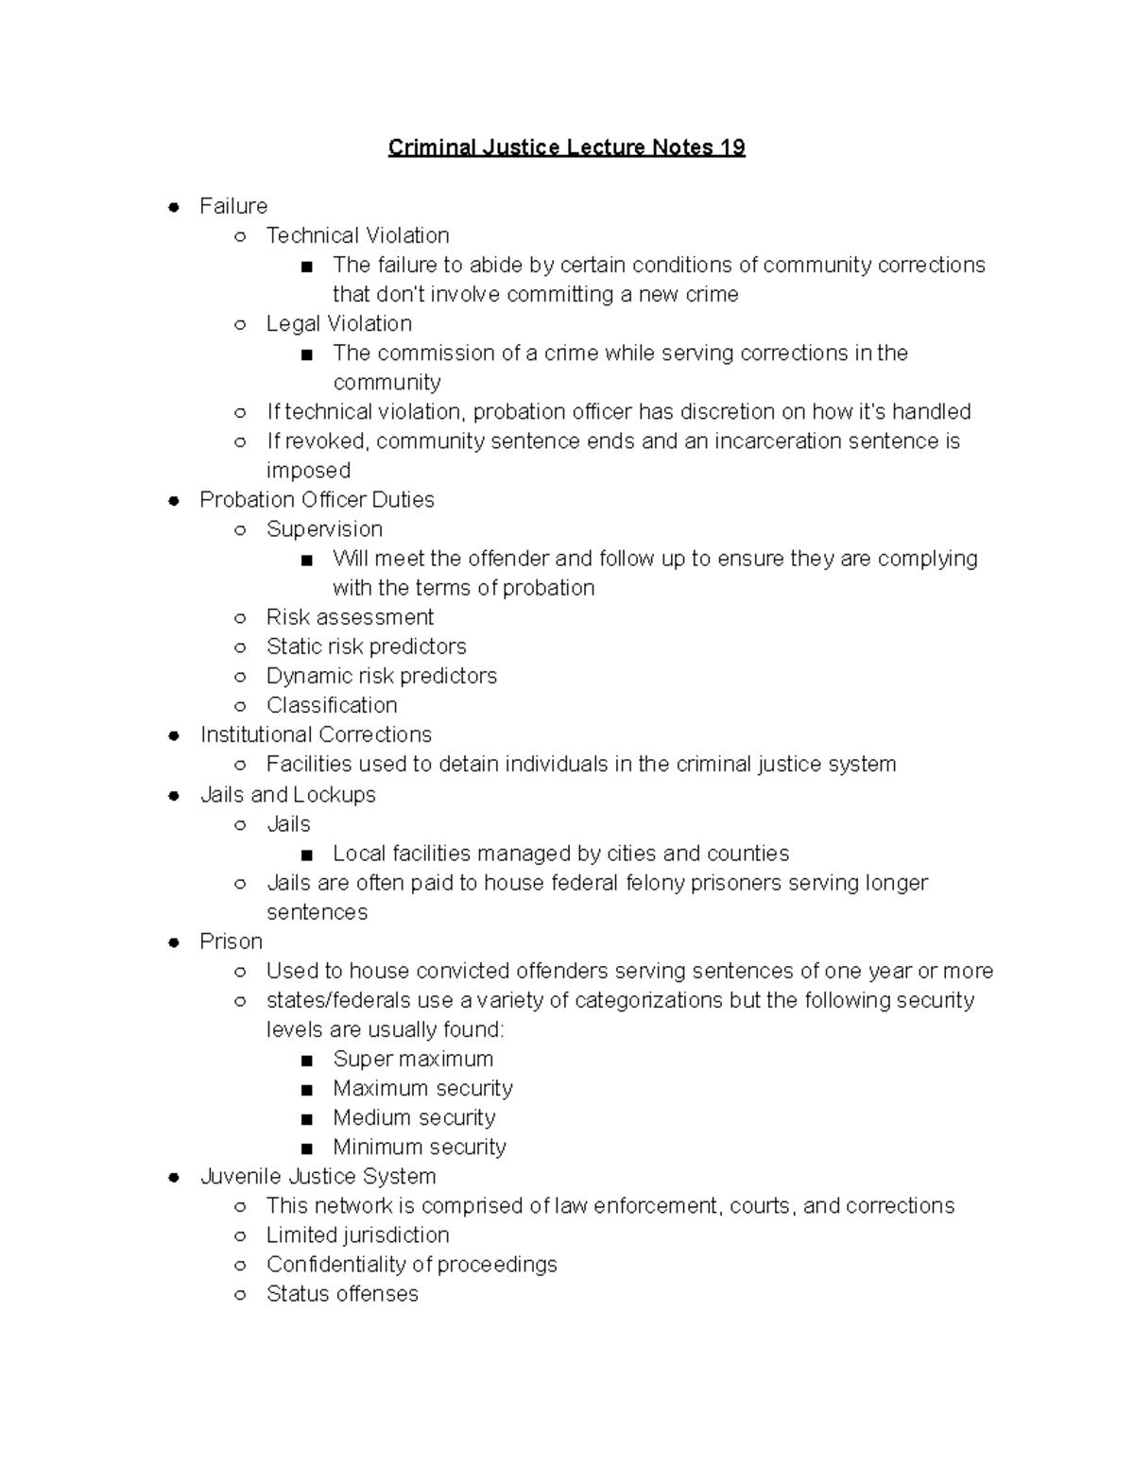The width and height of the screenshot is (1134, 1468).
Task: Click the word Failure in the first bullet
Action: click(x=233, y=206)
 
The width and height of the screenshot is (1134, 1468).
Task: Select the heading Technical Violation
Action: click(x=357, y=235)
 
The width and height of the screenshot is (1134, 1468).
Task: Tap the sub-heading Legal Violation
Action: click(x=338, y=323)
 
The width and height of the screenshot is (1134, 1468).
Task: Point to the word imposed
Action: click(x=308, y=471)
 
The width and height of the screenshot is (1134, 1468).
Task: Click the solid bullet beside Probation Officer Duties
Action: click(x=174, y=501)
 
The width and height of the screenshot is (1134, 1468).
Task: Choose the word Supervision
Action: click(x=324, y=529)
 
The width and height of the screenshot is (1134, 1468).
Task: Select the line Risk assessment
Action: click(x=350, y=617)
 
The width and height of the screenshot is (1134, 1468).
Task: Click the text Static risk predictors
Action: click(x=366, y=647)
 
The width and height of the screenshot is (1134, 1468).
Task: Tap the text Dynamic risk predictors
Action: click(x=381, y=676)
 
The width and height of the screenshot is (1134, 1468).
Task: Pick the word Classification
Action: click(x=332, y=705)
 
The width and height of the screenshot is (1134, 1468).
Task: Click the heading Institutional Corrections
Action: click(x=316, y=734)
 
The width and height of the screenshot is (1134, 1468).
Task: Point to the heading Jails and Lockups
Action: click(x=287, y=795)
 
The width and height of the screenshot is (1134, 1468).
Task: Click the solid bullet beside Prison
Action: click(x=174, y=942)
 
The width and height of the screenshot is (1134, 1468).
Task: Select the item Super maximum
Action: click(x=413, y=1059)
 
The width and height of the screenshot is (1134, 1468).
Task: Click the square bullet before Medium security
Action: click(x=305, y=1119)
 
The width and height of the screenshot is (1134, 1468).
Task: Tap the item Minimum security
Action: click(x=420, y=1147)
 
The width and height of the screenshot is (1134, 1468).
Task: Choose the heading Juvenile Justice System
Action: click(x=318, y=1177)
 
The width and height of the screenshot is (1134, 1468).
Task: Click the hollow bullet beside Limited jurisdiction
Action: click(x=241, y=1236)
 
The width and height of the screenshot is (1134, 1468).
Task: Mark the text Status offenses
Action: click(x=342, y=1294)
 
